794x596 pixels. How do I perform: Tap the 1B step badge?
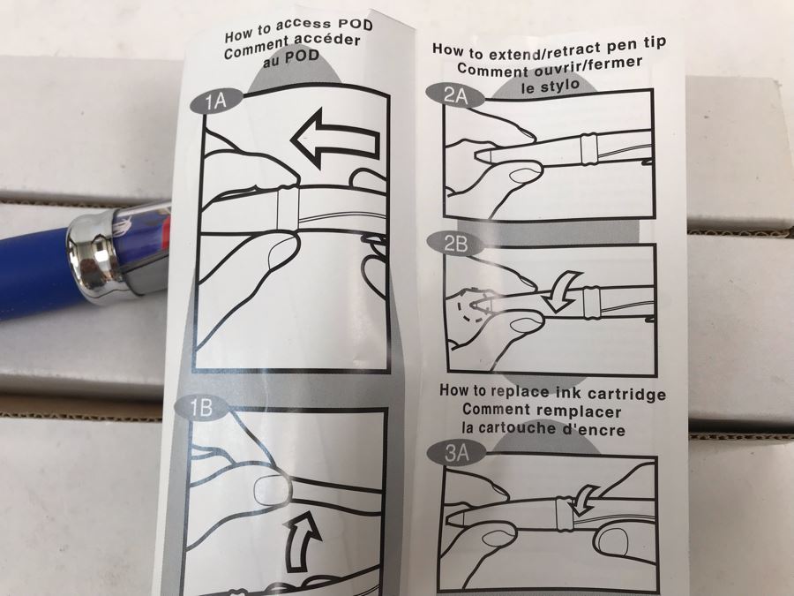coord(200,407)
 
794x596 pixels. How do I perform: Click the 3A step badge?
coord(456,452)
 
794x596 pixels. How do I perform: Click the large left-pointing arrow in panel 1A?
coord(335,139)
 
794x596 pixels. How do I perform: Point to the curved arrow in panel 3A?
coord(586,497)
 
